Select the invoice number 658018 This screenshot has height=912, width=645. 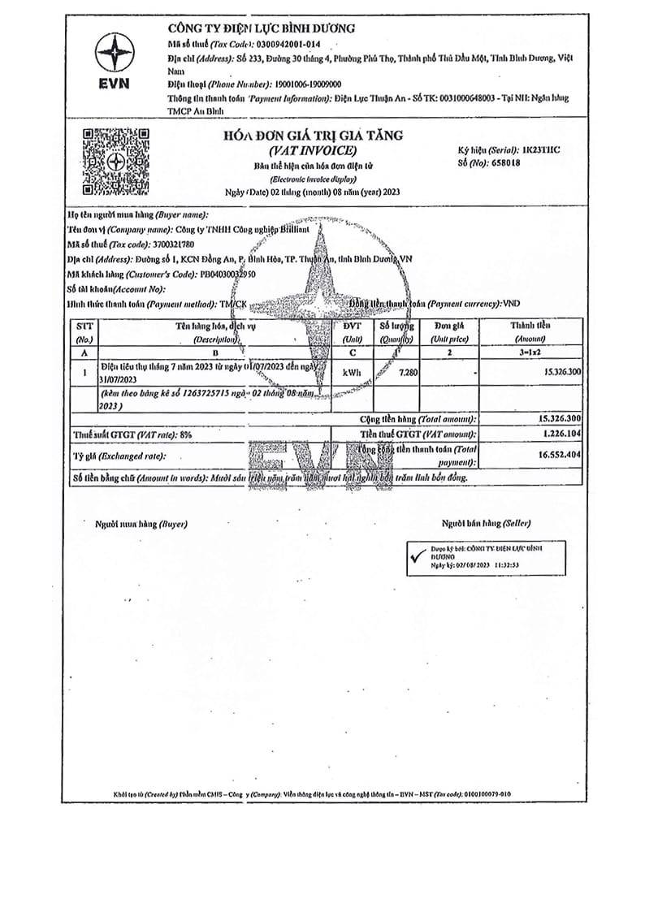tap(505, 162)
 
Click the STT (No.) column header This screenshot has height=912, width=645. tap(84, 331)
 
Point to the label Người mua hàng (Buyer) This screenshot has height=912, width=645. tap(141, 524)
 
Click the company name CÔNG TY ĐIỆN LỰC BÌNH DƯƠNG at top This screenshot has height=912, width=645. tap(261, 28)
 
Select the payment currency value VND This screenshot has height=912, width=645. tap(512, 303)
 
